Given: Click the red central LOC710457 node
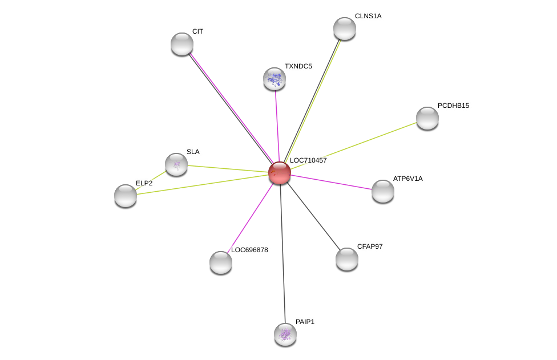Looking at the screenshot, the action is (x=280, y=173).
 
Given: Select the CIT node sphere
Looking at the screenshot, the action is (x=182, y=44).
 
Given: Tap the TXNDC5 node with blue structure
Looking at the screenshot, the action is (x=275, y=79).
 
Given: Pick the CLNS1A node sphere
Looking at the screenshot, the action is (x=345, y=29).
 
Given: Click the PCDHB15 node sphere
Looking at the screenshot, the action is (x=427, y=118).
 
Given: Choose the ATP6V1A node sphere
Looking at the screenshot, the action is (x=382, y=191).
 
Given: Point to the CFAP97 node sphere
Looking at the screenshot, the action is (x=347, y=259).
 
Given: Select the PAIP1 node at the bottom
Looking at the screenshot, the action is (x=285, y=334).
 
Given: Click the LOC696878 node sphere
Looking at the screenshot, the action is (x=221, y=262).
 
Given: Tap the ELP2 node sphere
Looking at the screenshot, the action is (x=126, y=196).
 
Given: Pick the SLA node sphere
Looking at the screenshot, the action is (x=176, y=164).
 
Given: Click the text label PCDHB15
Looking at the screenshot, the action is (x=453, y=106).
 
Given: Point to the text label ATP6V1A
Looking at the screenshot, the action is (x=408, y=179).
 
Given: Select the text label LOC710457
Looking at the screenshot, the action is (x=308, y=160).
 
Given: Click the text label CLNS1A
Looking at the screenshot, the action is (x=368, y=16).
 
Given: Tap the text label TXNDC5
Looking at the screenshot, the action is (x=298, y=66).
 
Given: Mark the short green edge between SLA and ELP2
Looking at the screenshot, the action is (x=151, y=180).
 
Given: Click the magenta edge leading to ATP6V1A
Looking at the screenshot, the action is (x=332, y=182).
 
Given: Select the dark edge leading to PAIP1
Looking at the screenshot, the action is (x=282, y=254).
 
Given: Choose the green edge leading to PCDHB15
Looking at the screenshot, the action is (x=354, y=146).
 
